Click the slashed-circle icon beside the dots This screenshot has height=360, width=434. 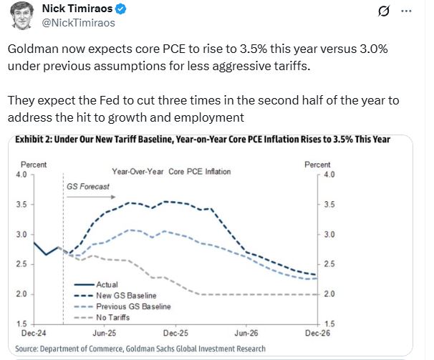[x=382, y=12]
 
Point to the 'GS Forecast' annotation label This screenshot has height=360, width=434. [x=88, y=187]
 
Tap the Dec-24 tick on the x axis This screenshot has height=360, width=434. [x=34, y=334]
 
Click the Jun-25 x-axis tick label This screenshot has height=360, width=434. [x=105, y=334]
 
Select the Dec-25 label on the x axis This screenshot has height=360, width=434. [x=175, y=334]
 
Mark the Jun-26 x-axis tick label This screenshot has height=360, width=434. [x=246, y=334]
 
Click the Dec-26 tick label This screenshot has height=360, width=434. [x=317, y=334]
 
